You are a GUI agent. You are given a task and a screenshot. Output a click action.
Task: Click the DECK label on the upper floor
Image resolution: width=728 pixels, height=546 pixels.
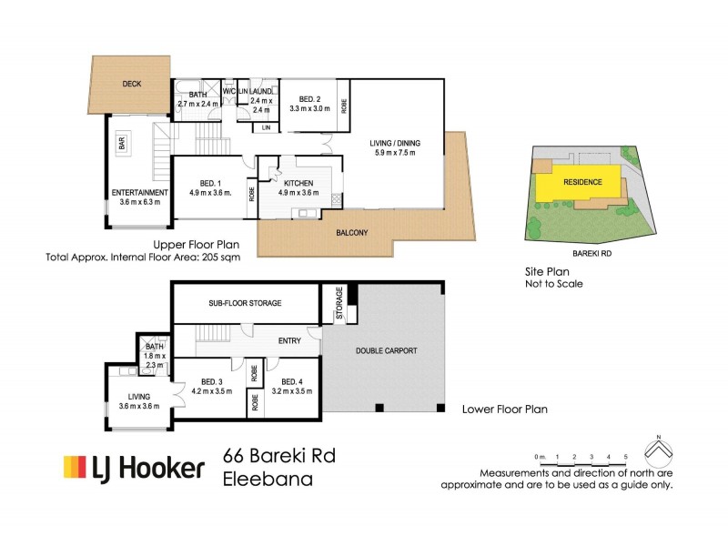[x=132, y=84]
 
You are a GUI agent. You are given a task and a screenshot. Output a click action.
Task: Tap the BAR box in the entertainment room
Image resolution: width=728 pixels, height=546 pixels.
[x=122, y=143]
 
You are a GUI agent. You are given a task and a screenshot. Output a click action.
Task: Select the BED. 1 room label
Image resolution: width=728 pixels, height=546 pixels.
[x=208, y=182]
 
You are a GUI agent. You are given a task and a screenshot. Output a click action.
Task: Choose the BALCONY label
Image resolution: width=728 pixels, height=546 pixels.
[x=351, y=233]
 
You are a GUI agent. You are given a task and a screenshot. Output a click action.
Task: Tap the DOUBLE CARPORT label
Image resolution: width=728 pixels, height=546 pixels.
[x=387, y=349]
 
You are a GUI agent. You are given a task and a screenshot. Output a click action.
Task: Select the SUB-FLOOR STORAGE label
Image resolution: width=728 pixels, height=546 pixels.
[x=245, y=302]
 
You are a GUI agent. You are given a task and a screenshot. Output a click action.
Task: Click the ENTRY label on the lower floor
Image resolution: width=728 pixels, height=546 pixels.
[x=289, y=340]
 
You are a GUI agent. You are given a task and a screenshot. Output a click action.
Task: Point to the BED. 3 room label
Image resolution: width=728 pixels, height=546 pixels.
[x=211, y=381]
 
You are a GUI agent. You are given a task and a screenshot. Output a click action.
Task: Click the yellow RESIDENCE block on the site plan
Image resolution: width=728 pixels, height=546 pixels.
[x=582, y=182]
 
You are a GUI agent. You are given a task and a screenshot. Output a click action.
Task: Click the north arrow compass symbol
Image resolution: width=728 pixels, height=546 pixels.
[x=658, y=449]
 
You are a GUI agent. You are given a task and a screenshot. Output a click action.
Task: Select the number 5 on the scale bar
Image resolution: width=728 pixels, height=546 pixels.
[x=625, y=455]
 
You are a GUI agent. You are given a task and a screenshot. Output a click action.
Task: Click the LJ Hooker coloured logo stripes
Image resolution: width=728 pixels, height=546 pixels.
[x=75, y=468]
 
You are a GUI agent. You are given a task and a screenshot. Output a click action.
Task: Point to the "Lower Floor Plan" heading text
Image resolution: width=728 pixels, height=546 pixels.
[x=505, y=409]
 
